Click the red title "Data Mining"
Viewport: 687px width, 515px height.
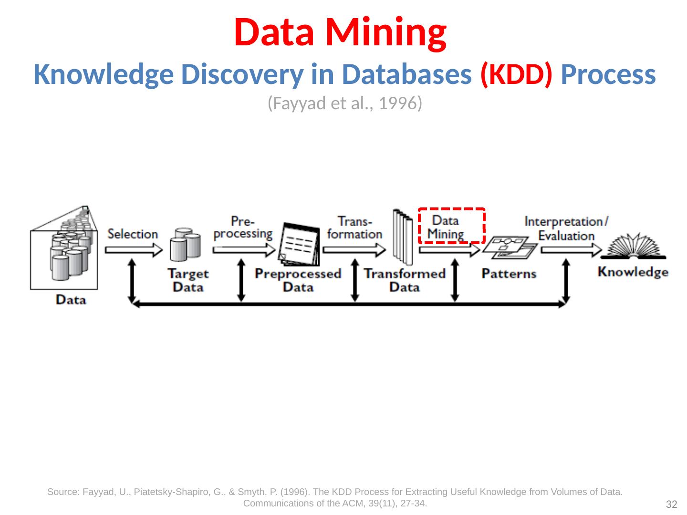[x=340, y=33]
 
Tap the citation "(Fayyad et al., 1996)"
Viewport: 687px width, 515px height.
[x=344, y=103]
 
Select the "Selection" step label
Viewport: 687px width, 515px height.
[x=133, y=234]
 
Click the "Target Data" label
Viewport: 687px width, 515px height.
[x=188, y=280]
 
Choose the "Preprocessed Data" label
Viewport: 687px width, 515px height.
[x=298, y=280]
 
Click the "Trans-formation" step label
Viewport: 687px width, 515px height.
[x=354, y=228]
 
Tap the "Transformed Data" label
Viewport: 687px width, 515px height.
[x=405, y=280]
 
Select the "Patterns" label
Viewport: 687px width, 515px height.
[x=509, y=274]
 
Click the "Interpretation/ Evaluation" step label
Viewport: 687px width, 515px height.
[x=566, y=228]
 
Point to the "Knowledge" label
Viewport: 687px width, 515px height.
[x=633, y=272]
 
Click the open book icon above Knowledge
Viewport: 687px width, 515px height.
[x=634, y=247]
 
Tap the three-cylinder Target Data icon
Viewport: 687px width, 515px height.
[x=185, y=245]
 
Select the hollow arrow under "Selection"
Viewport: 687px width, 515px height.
[x=134, y=250]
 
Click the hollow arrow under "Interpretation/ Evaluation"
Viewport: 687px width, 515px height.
[x=571, y=250]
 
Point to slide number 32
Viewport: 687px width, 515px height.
[x=671, y=504]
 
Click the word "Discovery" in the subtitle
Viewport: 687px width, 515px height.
[x=242, y=75]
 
